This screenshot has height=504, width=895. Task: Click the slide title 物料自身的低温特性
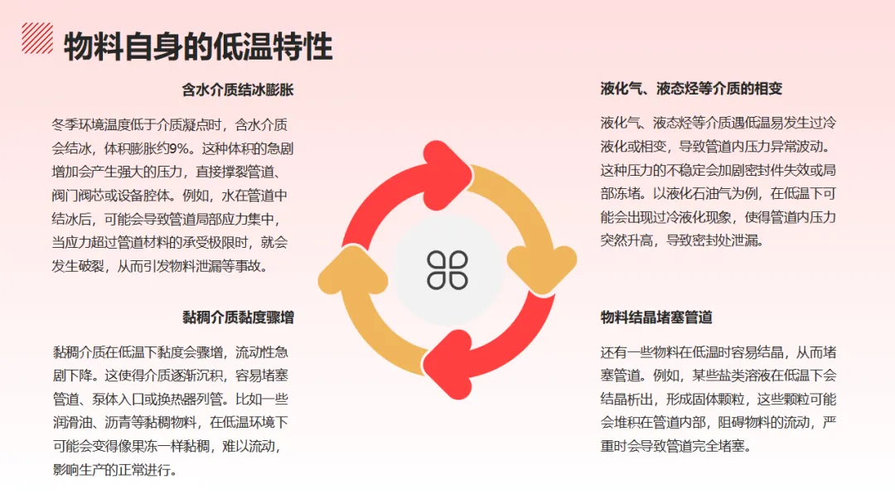(x=198, y=46)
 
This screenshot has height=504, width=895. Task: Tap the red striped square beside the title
(x=36, y=38)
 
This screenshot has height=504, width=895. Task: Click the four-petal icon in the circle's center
(x=447, y=269)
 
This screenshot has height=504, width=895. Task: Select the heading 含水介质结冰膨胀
(x=238, y=90)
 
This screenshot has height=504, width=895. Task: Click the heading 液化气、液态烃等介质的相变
(x=691, y=90)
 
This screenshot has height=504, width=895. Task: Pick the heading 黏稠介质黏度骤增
(x=238, y=317)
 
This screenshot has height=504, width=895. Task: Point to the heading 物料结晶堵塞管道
(x=656, y=317)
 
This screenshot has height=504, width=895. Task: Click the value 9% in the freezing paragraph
(x=178, y=149)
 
